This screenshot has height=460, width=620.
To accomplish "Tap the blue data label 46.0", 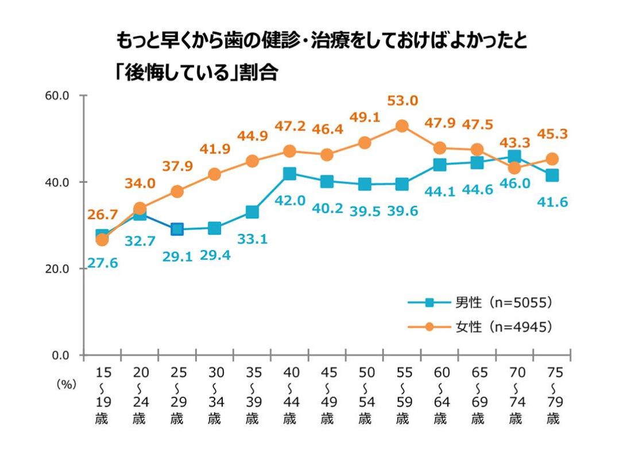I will tap(514, 184).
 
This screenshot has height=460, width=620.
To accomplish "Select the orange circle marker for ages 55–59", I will tap(402, 126).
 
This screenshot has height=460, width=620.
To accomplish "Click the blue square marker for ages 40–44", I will tap(289, 174).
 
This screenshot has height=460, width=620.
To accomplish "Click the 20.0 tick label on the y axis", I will tap(57, 269).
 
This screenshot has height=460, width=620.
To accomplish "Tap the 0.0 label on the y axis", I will tap(60, 356).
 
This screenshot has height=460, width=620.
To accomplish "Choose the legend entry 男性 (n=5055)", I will tap(480, 302).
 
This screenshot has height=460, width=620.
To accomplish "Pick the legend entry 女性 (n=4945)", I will tap(480, 327).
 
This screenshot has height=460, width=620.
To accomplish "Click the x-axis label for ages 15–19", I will tap(102, 396).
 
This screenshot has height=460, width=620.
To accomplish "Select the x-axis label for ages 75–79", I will tap(553, 396).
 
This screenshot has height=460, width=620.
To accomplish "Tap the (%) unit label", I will tap(65, 385).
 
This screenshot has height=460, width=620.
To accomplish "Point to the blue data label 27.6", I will tap(102, 263).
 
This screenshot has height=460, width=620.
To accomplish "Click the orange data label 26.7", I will tap(102, 215).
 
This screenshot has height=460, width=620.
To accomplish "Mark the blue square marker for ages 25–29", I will tap(177, 229).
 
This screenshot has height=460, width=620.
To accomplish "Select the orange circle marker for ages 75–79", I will tap(552, 159).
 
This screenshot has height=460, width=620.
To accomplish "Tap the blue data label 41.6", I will tap(552, 201).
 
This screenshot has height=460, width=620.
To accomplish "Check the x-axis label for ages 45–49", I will tap(327, 396).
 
